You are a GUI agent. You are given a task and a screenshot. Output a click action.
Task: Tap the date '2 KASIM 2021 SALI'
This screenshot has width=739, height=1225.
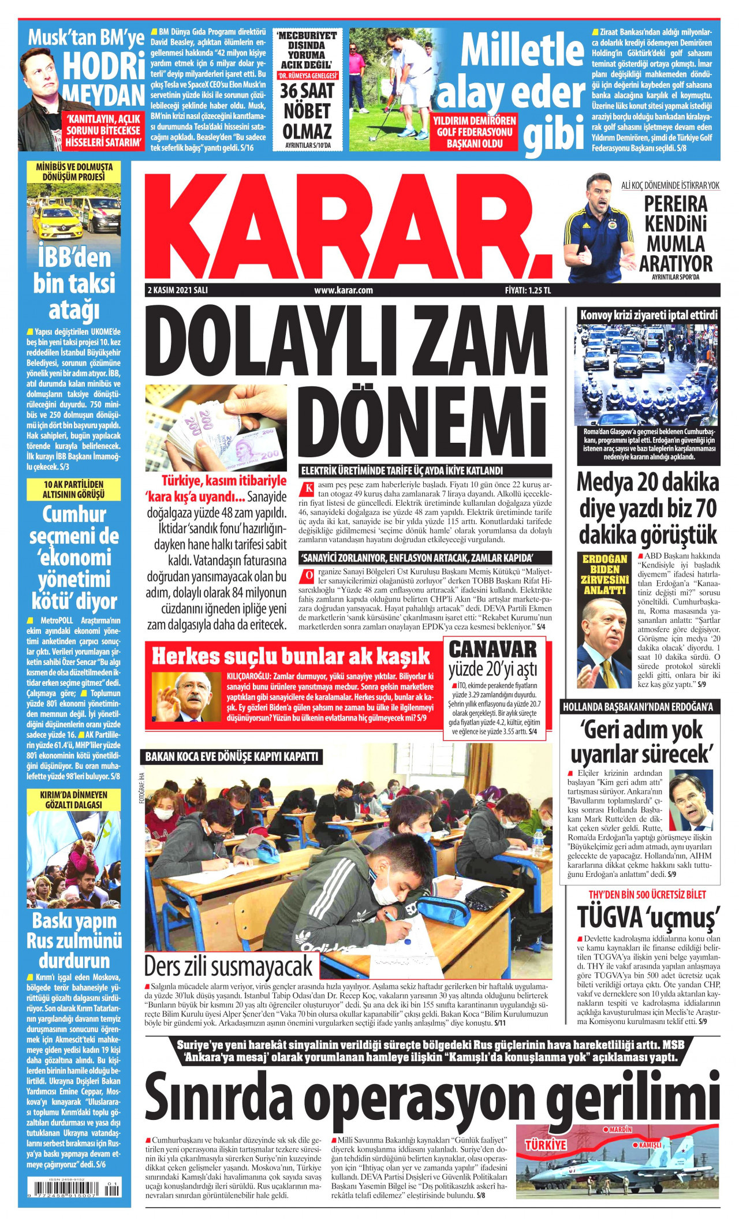(x=177, y=290)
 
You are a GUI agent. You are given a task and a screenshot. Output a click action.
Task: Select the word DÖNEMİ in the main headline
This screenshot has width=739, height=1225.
(x=422, y=424)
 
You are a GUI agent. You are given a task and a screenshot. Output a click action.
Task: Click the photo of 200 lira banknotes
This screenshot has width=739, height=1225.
(x=216, y=428)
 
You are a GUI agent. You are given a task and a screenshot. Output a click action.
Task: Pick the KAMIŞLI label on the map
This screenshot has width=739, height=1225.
(x=649, y=1145)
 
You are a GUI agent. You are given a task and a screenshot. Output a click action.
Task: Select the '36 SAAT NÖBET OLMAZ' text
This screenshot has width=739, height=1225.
(x=307, y=111)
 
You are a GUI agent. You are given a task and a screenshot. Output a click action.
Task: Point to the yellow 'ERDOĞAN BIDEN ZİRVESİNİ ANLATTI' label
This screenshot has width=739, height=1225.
(x=604, y=574)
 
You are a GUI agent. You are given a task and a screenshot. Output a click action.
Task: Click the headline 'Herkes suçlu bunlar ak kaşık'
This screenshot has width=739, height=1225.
(x=291, y=656)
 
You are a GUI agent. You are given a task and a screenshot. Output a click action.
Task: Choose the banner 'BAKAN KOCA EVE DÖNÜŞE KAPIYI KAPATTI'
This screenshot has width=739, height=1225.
(x=232, y=756)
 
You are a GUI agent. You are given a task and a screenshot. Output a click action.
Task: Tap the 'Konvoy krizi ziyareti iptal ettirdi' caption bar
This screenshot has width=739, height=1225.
(x=648, y=315)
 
